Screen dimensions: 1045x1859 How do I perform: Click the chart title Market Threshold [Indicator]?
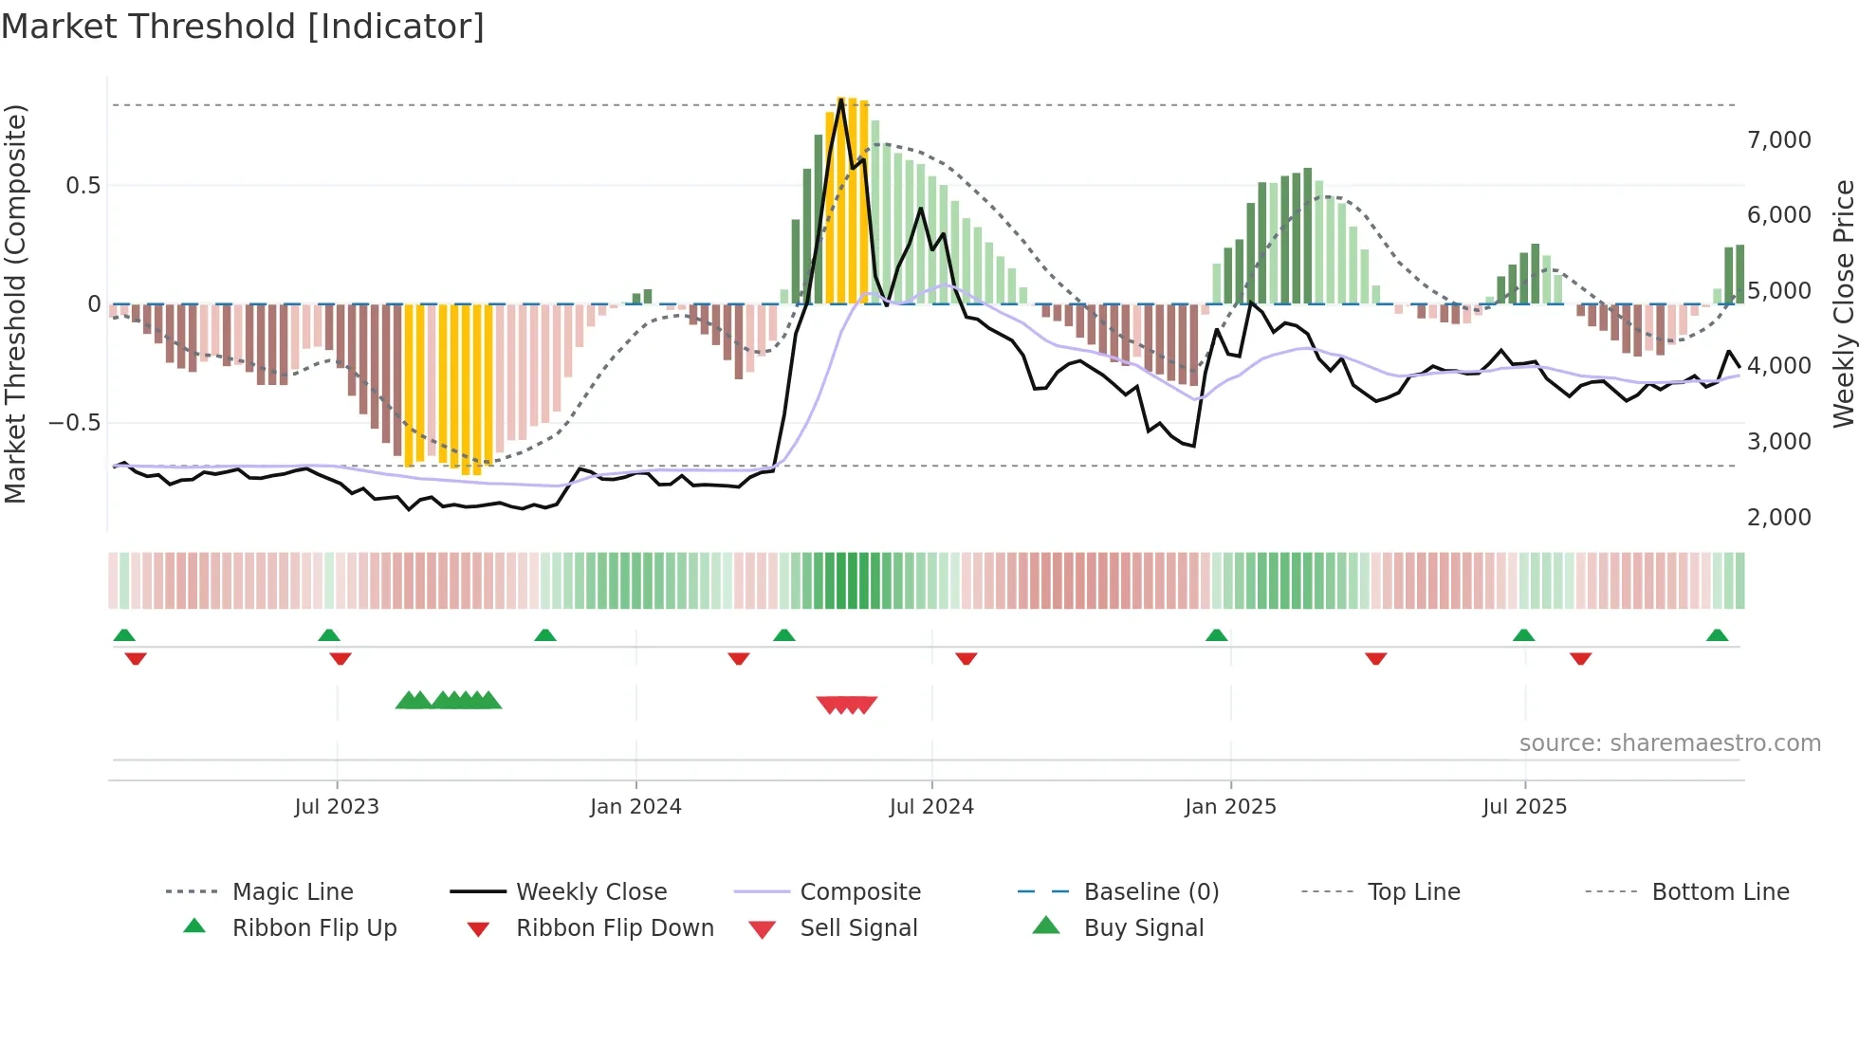point(243,27)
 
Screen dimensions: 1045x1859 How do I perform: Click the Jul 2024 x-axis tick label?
point(931,807)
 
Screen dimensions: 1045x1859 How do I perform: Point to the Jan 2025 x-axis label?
point(1230,807)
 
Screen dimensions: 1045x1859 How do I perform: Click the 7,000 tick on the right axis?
point(1778,140)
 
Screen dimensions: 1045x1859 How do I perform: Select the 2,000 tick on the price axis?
point(1778,518)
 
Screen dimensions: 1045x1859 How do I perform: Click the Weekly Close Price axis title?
point(1843,303)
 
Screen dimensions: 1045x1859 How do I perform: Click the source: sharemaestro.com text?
point(1669,743)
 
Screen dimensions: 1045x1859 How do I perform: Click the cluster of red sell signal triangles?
point(847,705)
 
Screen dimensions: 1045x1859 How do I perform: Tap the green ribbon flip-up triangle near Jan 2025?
point(1216,635)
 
